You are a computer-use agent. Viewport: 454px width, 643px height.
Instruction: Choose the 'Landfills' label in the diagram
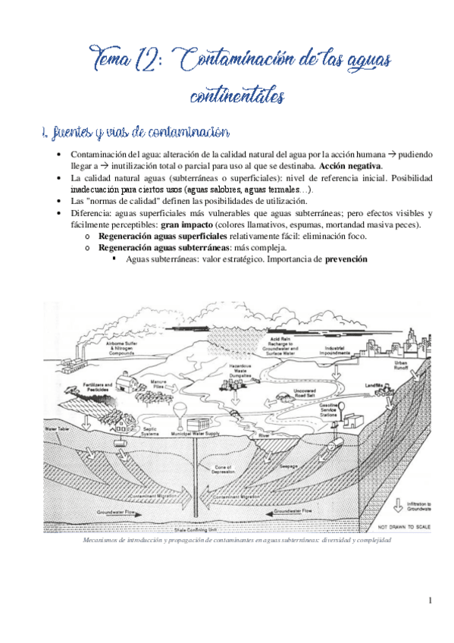pos(375,385)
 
